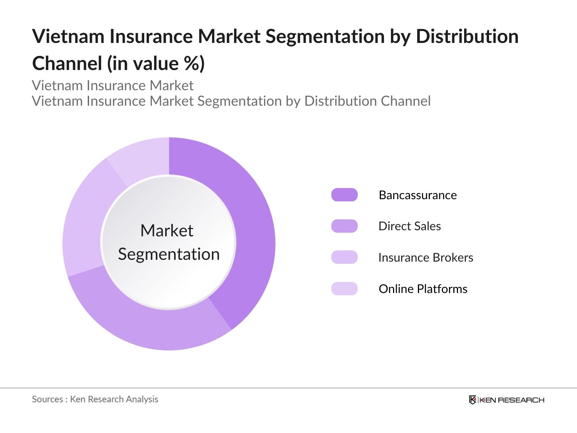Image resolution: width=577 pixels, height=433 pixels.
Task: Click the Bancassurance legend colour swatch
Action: (x=344, y=195)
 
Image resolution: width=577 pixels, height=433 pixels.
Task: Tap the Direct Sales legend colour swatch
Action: (x=344, y=226)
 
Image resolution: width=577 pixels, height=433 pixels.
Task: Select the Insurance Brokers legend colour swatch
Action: (x=344, y=257)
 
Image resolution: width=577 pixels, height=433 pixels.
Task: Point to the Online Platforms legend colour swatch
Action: (x=344, y=289)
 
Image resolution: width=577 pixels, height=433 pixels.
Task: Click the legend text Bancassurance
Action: (x=418, y=195)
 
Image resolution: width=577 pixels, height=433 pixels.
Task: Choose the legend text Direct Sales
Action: (x=410, y=226)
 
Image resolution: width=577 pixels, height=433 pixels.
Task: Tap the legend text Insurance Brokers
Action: (x=426, y=258)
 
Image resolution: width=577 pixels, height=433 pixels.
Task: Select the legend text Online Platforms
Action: (x=423, y=289)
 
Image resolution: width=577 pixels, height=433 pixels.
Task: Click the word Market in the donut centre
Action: (x=167, y=231)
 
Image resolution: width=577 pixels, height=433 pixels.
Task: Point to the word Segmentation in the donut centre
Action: (x=169, y=254)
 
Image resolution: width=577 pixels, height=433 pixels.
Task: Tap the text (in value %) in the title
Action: (x=156, y=64)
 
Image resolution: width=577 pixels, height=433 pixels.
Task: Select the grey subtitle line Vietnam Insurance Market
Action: (x=113, y=86)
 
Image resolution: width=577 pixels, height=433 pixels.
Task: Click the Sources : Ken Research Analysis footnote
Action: (x=95, y=399)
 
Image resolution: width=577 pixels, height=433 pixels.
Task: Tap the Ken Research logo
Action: (x=506, y=400)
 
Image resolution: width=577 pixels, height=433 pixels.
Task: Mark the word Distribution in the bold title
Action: (x=467, y=36)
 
